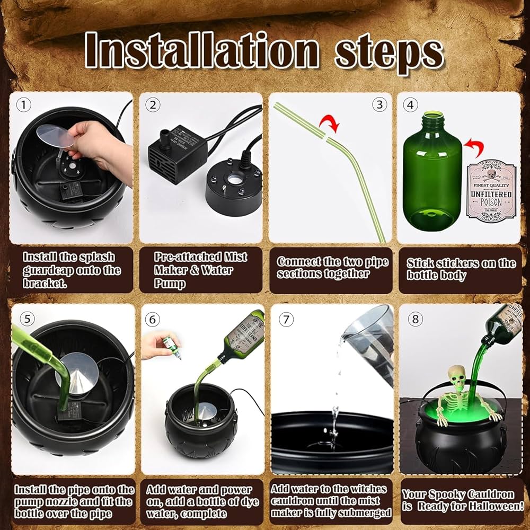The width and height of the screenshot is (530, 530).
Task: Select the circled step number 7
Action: point(287,320)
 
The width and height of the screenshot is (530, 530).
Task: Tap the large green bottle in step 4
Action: point(432,170)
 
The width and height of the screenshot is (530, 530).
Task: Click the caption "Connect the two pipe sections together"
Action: point(332,268)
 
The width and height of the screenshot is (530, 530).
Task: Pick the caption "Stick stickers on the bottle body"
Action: point(461,269)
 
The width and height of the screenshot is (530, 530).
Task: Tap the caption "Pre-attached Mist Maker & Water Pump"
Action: point(200,270)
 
